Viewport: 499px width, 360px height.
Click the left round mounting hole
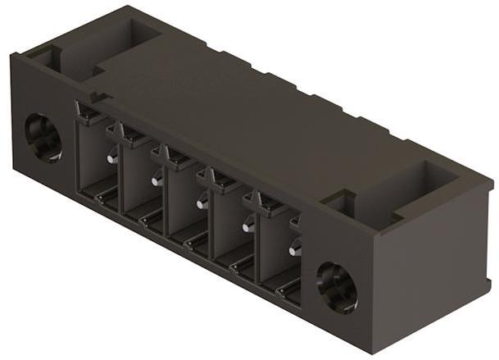(43, 137)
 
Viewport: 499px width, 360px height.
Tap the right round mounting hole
(337, 287)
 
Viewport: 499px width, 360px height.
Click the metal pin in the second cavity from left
(156, 180)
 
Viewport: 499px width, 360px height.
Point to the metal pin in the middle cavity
(201, 202)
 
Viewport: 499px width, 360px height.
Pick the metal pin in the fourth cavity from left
(247, 225)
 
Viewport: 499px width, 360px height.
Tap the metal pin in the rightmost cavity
(294, 247)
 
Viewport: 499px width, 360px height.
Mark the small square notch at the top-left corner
(46, 57)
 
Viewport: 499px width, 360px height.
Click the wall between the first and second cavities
(121, 176)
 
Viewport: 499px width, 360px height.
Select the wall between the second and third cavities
(166, 198)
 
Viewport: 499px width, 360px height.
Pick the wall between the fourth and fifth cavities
(257, 244)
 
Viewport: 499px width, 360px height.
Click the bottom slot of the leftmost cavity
(105, 197)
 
